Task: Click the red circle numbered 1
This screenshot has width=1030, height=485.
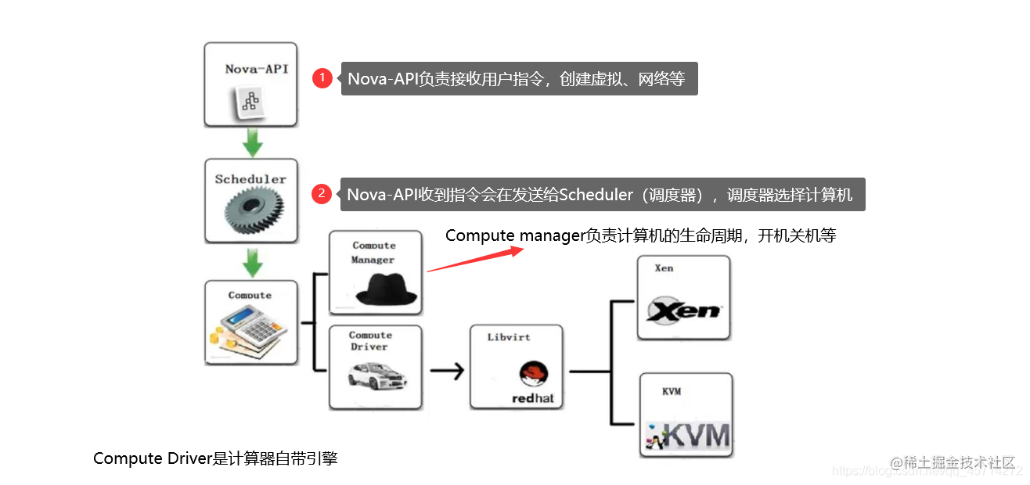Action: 322,78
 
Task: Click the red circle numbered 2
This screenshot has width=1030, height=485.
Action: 322,194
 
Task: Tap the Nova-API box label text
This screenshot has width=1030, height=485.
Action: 256,69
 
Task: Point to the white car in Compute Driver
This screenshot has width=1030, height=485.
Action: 376,378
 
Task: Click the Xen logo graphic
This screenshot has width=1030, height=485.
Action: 682,311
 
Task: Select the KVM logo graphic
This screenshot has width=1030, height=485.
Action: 686,435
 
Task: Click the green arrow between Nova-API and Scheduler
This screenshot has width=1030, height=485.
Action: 252,142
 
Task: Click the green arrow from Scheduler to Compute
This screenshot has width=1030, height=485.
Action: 252,264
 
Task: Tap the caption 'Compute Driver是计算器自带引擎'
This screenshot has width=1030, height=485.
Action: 215,459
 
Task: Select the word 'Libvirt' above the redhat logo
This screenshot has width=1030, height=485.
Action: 509,337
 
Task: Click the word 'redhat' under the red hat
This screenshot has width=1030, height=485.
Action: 532,398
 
